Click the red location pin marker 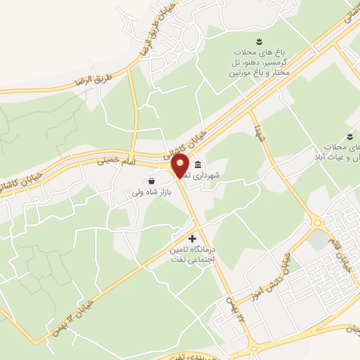point(180,167)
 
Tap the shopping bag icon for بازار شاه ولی point(152,181)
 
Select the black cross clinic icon point(193,239)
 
